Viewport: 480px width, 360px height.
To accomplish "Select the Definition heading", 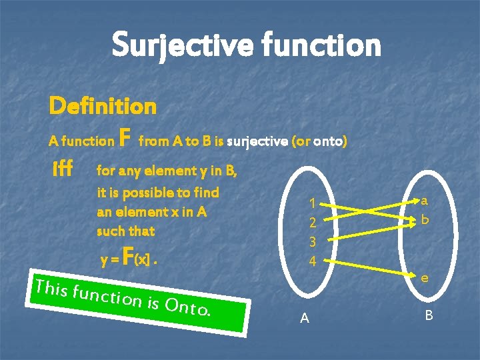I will [x=103, y=105].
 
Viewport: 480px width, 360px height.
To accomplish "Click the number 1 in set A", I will [x=311, y=204].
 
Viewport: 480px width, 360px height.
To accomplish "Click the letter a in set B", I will [x=424, y=199].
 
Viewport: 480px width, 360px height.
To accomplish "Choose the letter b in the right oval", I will [x=424, y=219].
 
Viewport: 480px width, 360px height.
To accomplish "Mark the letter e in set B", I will [x=424, y=278].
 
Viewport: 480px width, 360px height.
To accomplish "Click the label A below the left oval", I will [x=305, y=319].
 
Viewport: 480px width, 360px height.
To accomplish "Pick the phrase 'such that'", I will [x=125, y=231].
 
